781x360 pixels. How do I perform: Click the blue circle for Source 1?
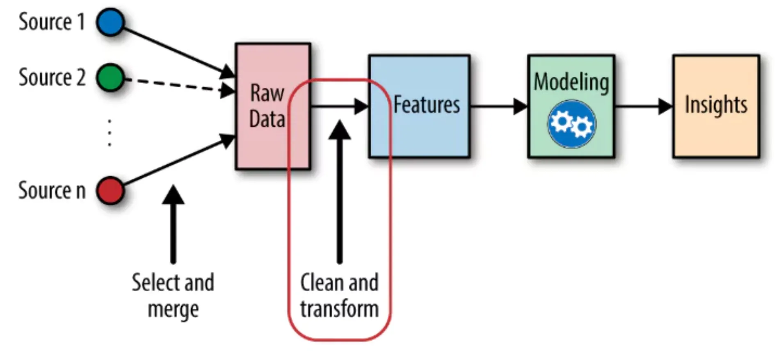point(110,22)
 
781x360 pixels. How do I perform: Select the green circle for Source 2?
point(110,77)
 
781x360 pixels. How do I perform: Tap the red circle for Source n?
point(110,191)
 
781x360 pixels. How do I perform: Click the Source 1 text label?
point(52,22)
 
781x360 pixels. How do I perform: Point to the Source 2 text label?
point(52,77)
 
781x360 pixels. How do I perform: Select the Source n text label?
point(52,191)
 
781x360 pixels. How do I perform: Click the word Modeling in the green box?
point(571,82)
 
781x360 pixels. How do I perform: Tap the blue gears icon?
point(571,124)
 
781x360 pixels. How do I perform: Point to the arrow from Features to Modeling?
point(498,107)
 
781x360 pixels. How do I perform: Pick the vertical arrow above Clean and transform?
point(340,193)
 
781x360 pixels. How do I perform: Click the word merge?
point(173,309)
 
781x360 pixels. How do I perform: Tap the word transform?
point(339,309)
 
